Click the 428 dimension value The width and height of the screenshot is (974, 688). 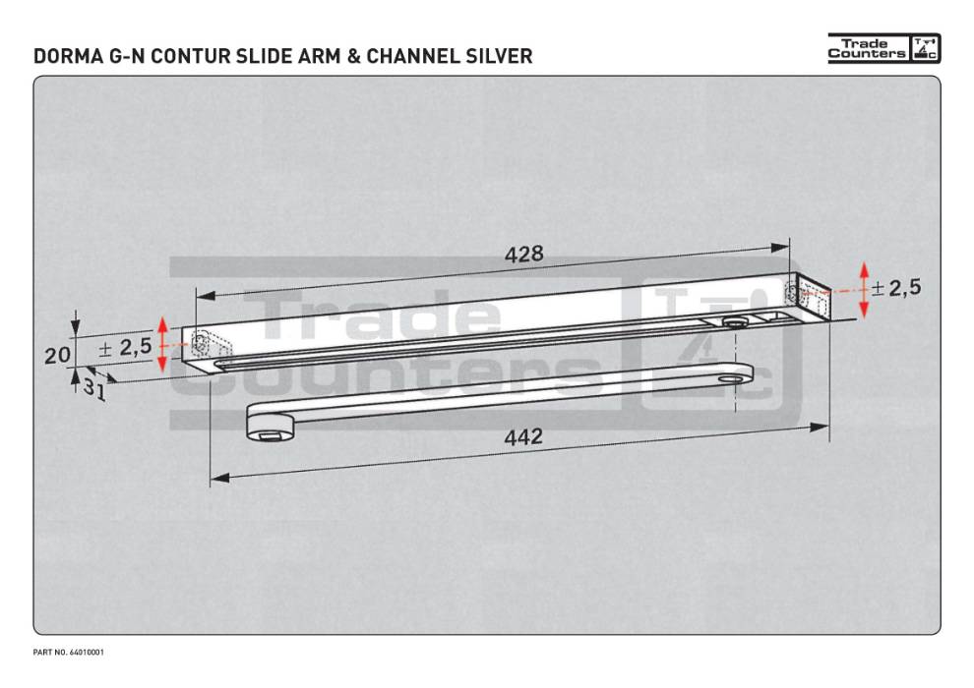coord(523,255)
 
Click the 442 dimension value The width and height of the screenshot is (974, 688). coord(522,437)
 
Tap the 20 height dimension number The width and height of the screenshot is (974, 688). coord(57,355)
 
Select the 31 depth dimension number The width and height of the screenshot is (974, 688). coord(94,387)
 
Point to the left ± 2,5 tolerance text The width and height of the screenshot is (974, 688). coord(125,347)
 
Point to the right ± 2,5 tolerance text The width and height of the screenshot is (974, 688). coord(895,288)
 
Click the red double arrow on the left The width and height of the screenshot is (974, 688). coord(164,345)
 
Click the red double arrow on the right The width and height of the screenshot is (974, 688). coord(864,290)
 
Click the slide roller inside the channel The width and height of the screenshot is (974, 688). coord(732,323)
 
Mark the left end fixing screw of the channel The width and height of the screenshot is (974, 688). coord(201,344)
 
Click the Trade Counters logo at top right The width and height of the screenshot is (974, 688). coord(883,49)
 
